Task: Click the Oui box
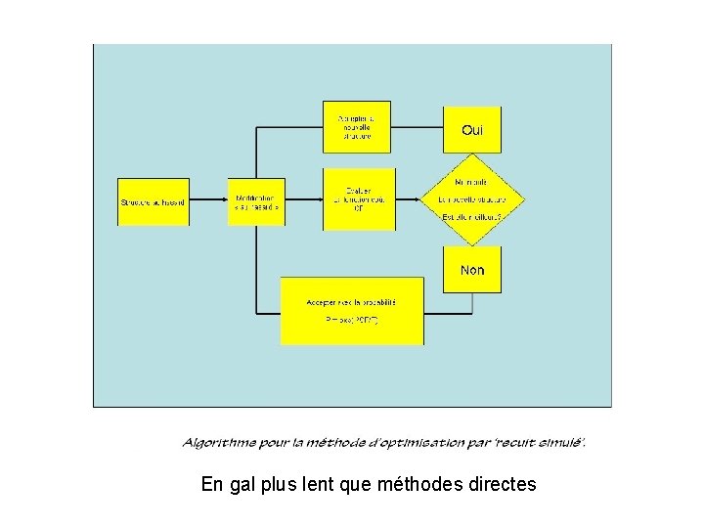pos(472,129)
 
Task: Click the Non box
pos(472,269)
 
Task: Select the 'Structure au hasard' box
pos(154,202)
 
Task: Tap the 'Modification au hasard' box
pos(256,202)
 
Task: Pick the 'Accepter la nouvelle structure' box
pos(357,127)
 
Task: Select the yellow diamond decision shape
pos(473,199)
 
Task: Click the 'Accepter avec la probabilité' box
pos(352,310)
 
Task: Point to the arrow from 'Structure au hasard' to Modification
pos(208,202)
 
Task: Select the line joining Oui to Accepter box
pos(418,127)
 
